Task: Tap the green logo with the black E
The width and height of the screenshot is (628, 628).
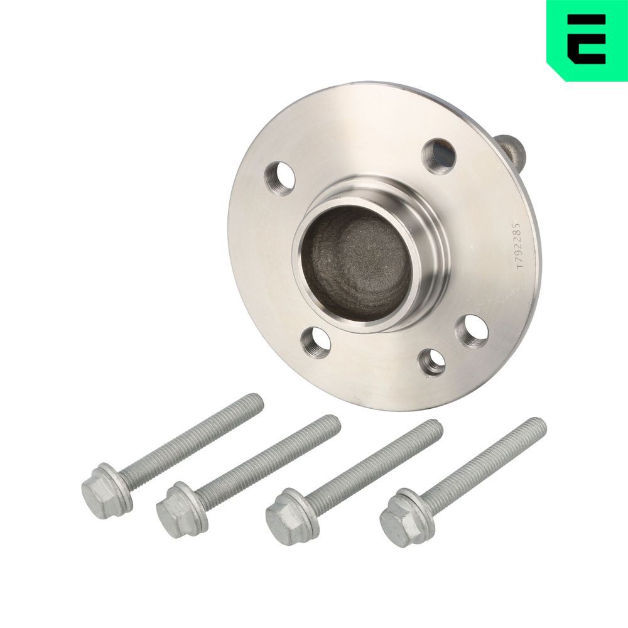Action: point(587,40)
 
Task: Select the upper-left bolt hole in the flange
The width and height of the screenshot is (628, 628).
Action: point(280,178)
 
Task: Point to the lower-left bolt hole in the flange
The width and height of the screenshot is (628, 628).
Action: point(315,342)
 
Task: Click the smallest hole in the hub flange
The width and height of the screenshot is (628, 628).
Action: point(433,362)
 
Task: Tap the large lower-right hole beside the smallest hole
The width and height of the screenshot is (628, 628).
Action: point(473,331)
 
